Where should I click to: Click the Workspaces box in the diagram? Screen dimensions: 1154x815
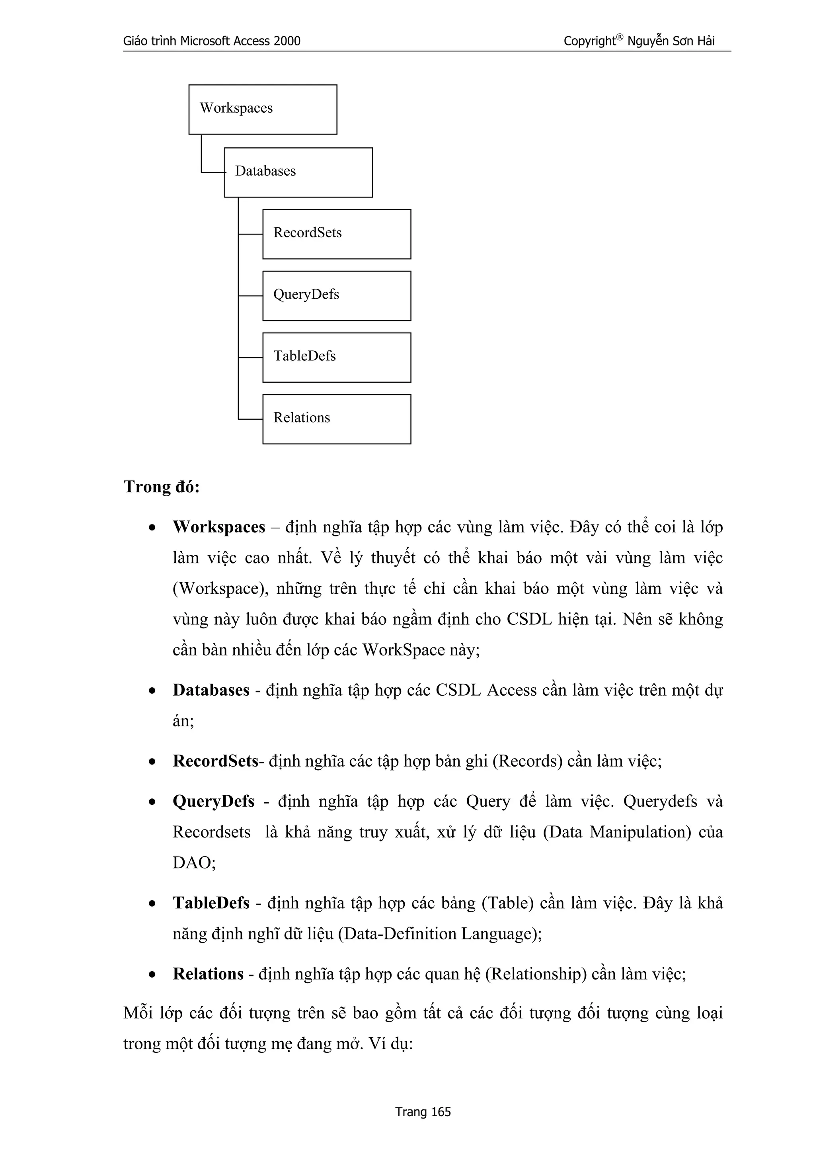263,110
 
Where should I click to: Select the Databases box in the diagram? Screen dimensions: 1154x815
298,172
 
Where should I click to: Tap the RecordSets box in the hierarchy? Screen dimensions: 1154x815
336,234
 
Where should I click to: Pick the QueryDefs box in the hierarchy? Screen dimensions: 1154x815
336,296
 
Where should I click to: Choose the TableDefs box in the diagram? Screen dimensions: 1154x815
336,357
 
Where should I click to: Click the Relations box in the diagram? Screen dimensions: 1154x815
336,419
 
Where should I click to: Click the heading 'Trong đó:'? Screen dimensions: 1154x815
162,487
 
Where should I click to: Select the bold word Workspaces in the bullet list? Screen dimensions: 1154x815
219,527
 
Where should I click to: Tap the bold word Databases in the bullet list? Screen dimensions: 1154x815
211,690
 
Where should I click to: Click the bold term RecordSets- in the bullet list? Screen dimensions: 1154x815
218,761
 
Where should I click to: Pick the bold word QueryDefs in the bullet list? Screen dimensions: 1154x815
213,801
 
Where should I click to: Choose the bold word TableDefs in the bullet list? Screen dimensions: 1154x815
211,903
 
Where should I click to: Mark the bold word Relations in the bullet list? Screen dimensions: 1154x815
208,974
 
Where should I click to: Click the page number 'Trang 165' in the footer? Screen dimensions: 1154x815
423,1112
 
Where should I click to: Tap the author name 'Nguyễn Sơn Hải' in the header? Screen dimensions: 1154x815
671,41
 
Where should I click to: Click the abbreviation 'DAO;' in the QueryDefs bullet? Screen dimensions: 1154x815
194,863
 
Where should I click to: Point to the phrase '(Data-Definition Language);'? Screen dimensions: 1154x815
440,934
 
